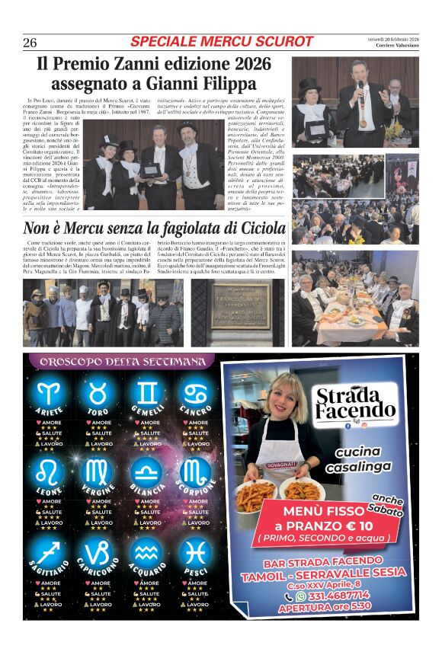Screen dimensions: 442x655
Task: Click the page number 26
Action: pyautogui.click(x=30, y=42)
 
